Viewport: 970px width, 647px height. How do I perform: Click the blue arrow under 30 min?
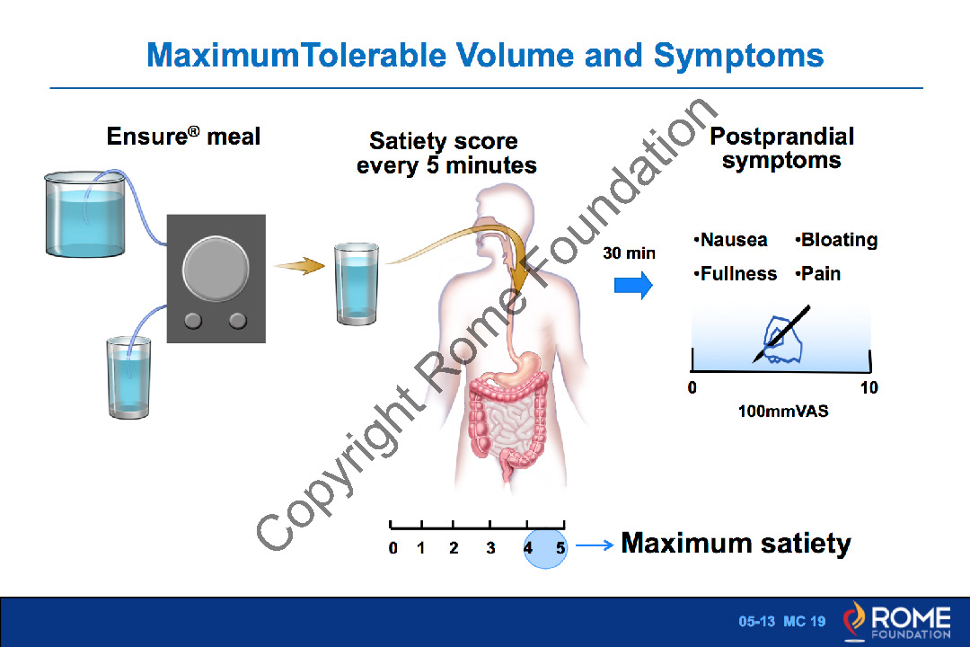pos(633,286)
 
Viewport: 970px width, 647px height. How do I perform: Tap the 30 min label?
pos(629,253)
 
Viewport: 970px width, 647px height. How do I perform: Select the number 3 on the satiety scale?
pos(490,548)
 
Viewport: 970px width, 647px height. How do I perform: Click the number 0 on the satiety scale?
pos(392,548)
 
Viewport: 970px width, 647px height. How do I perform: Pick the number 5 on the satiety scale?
pos(560,548)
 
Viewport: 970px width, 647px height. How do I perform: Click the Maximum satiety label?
pos(736,543)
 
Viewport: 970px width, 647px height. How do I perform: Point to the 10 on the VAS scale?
pos(869,387)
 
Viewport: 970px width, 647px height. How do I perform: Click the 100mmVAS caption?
pos(783,411)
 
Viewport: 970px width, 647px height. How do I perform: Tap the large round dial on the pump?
pos(216,269)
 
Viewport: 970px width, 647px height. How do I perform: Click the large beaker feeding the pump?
pos(85,214)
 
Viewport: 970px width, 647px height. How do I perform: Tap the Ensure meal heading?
pos(183,137)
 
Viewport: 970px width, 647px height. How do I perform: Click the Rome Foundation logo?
pos(896,621)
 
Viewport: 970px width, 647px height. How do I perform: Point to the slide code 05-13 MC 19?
pos(782,621)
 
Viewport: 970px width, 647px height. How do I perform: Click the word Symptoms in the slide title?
pos(738,56)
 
